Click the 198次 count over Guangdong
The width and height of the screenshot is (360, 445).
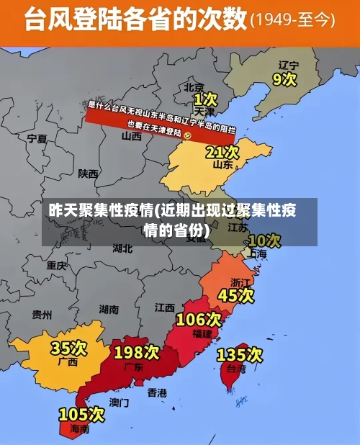[x=136, y=352]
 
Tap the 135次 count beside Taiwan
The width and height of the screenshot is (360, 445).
[x=240, y=354]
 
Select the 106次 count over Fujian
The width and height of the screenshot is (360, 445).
[x=199, y=319]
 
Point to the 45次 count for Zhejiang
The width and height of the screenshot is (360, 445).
[x=235, y=295]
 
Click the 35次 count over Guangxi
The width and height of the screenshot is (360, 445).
[x=68, y=349]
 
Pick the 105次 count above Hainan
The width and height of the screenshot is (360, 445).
[x=81, y=414]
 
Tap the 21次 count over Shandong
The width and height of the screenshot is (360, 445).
[x=222, y=152]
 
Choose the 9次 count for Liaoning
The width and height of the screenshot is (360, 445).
[x=284, y=78]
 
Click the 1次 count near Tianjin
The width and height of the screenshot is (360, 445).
[x=205, y=98]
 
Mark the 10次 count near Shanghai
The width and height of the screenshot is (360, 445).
[x=264, y=240]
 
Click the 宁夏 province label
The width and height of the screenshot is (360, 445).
[x=37, y=138]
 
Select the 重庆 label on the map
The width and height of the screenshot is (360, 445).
[x=57, y=265]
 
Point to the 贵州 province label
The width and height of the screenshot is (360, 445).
[x=42, y=315]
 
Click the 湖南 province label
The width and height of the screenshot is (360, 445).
[x=109, y=310]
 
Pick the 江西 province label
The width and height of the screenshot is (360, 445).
[x=165, y=307]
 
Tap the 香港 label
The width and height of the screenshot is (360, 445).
[x=157, y=392]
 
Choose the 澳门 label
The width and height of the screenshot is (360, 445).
[x=120, y=402]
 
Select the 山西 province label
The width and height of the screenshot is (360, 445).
[x=131, y=136]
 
